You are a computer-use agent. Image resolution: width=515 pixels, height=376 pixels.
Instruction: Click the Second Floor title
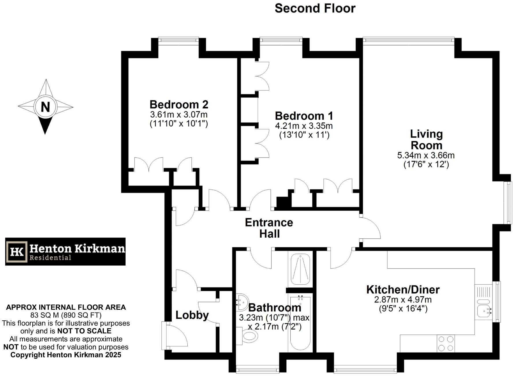(x=315, y=8)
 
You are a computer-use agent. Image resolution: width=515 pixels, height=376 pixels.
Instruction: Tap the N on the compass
(x=45, y=107)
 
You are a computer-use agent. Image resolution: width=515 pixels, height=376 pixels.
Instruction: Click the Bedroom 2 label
(x=179, y=104)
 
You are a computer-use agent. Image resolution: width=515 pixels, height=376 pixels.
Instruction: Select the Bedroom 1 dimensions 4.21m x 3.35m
(x=304, y=126)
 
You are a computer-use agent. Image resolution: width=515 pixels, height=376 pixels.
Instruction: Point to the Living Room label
(x=426, y=140)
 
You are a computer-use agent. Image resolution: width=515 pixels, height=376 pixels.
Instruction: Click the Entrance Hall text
(x=269, y=228)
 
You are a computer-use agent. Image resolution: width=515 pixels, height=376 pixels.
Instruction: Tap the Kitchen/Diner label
(x=403, y=289)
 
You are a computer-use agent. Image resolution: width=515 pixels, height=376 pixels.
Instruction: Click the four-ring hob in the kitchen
(x=445, y=343)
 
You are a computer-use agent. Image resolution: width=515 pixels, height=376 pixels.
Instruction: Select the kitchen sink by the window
(x=484, y=311)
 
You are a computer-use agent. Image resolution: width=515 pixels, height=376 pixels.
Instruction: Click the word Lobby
(x=192, y=315)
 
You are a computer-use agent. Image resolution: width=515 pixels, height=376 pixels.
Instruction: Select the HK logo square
(x=17, y=251)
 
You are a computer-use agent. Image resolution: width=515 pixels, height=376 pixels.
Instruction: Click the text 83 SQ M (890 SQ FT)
(x=66, y=315)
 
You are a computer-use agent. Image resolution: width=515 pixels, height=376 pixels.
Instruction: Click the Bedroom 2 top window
(x=178, y=40)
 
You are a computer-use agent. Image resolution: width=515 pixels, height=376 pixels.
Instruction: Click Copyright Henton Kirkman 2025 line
(x=66, y=355)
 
